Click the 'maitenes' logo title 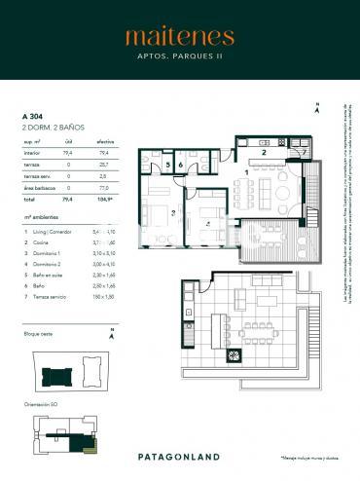179,37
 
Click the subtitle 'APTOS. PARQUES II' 179,56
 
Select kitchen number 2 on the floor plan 264,153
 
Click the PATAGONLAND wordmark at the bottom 179,456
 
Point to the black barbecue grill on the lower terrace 234,356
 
